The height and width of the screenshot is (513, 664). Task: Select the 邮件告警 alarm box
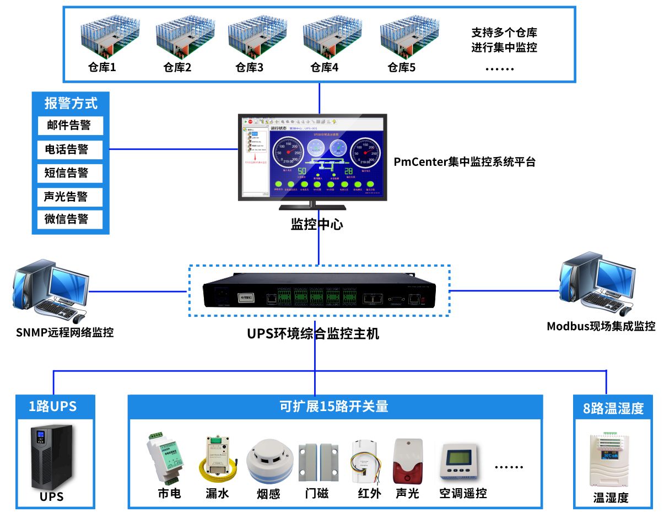tap(71, 125)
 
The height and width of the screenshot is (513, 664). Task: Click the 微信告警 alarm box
tap(71, 219)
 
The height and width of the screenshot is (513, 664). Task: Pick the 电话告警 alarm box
tap(71, 149)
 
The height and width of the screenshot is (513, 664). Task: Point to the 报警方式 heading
tap(71, 103)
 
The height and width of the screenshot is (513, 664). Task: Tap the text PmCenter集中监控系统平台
tap(465, 162)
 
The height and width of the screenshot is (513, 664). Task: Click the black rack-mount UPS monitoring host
tap(319, 290)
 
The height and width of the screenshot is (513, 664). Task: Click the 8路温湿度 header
tap(613, 408)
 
